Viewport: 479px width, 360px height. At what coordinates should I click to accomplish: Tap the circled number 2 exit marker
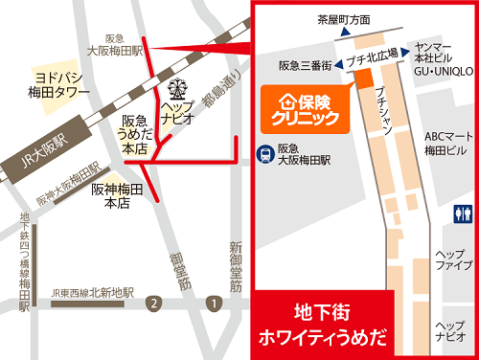click(151, 304)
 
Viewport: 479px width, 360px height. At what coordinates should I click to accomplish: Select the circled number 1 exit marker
click(214, 304)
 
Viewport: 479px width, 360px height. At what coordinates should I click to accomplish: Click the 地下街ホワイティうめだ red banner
click(326, 324)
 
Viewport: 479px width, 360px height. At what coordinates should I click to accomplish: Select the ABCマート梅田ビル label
click(445, 144)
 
